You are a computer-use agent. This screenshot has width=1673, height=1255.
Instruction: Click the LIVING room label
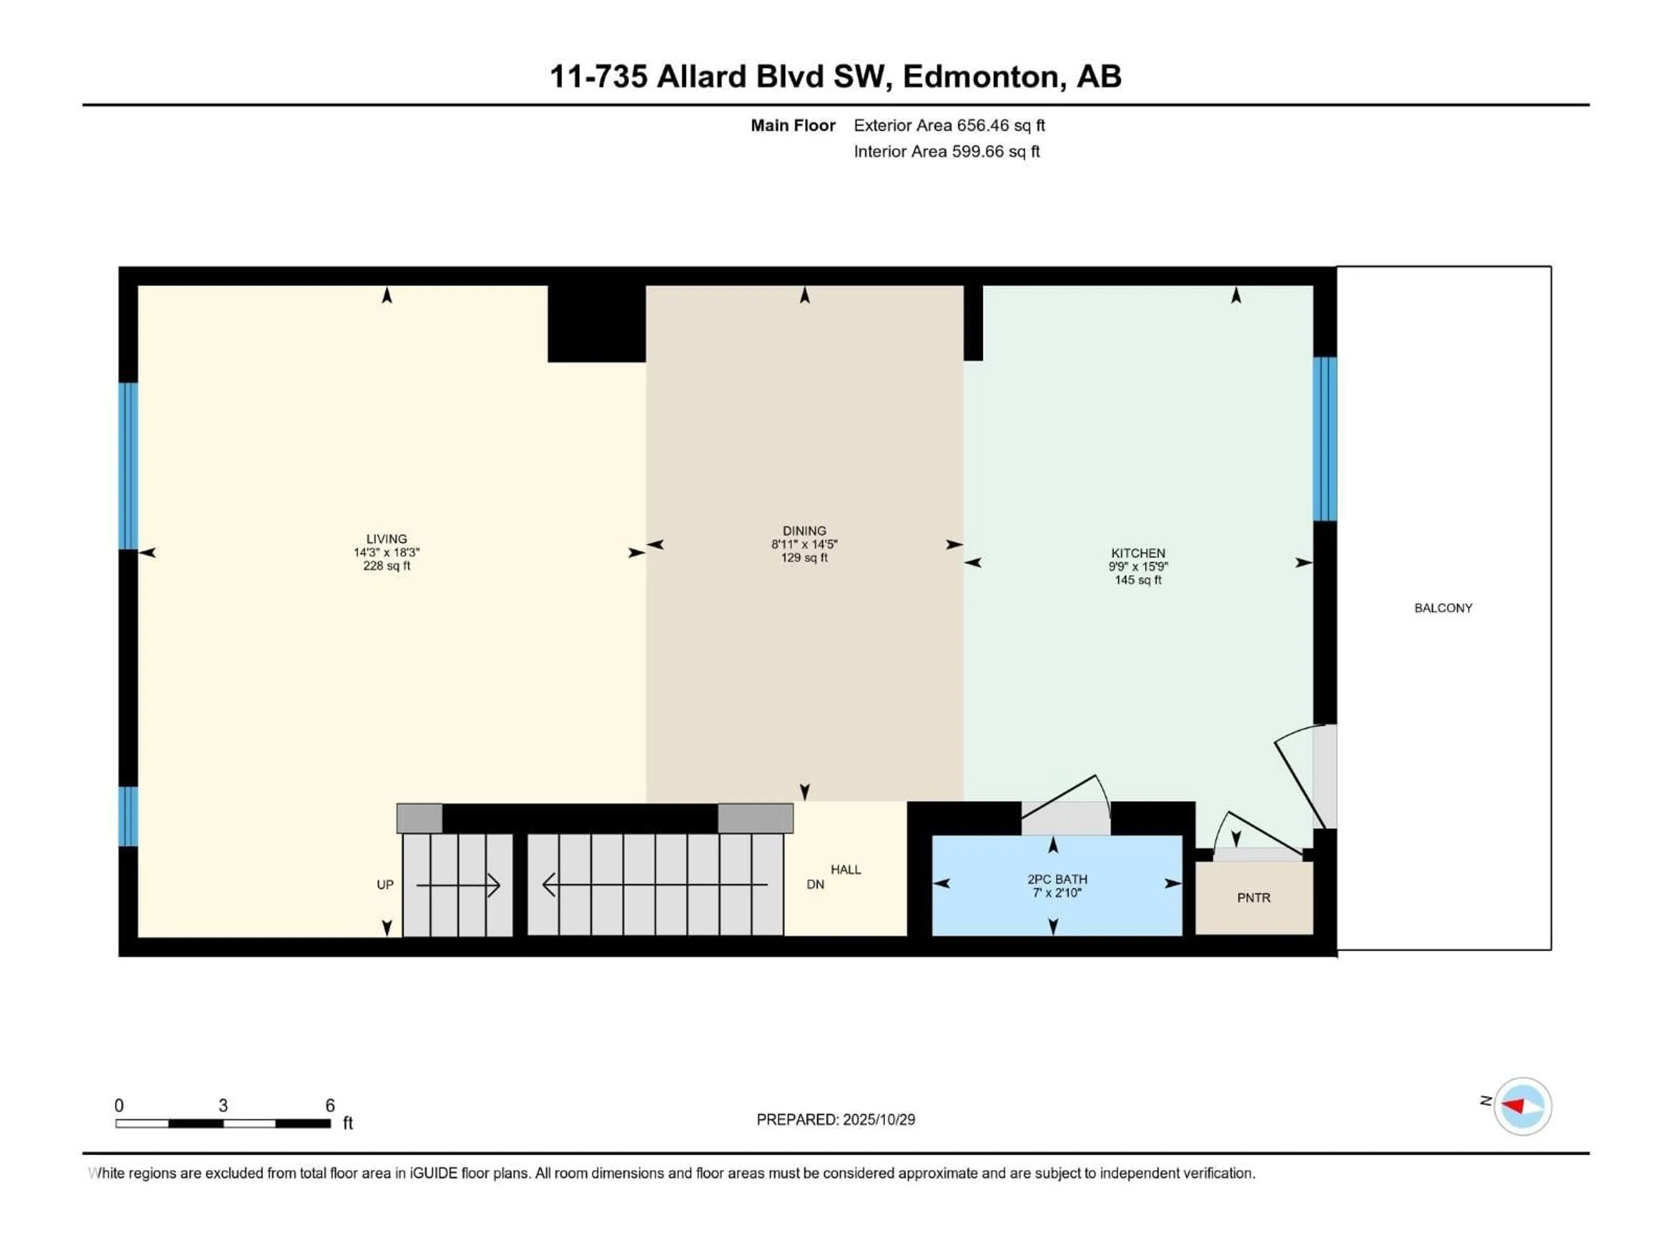386,539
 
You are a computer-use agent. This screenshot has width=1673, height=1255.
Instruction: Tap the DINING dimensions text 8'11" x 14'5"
804,544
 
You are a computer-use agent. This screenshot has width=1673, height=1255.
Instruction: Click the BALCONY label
1443,607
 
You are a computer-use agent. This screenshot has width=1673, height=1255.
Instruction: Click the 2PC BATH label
1057,879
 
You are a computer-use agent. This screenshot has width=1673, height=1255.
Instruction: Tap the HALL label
846,869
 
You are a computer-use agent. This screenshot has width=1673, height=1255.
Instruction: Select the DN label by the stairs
815,884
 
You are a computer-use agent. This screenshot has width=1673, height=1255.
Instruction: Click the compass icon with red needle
1522,1106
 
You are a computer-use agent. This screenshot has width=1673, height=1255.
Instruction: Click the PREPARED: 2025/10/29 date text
835,1119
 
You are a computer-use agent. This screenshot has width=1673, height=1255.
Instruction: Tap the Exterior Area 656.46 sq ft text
949,125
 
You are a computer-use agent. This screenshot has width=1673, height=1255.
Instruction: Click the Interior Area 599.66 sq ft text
946,151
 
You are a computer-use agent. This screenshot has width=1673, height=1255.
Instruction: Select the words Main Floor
792,125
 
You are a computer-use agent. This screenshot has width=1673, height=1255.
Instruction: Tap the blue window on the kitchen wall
1324,439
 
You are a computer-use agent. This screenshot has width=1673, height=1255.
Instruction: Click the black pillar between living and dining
596,323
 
